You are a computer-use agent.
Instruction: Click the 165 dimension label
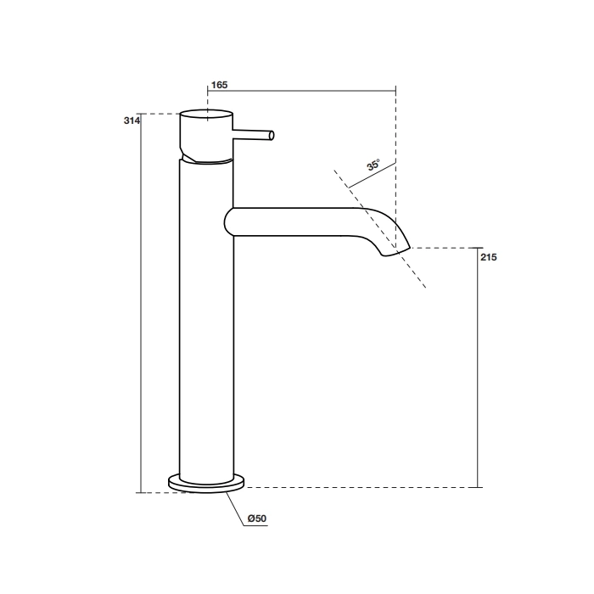[x=219, y=85]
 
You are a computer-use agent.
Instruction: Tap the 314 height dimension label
[x=132, y=120]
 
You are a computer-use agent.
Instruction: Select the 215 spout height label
[x=488, y=257]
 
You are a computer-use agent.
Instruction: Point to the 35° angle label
[x=373, y=165]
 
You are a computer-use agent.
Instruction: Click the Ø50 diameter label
[x=257, y=518]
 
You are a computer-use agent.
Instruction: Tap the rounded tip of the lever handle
[x=272, y=135]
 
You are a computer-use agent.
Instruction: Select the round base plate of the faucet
[x=206, y=484]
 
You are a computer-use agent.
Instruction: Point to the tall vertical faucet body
[x=206, y=322]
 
